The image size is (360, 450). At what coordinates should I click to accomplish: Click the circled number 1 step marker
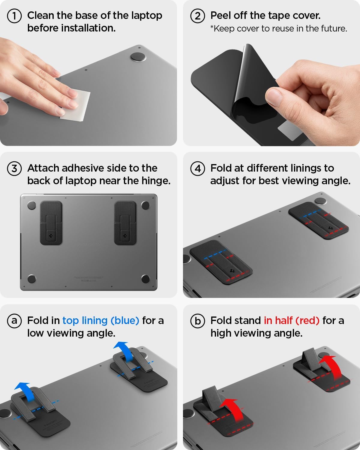(x=14, y=16)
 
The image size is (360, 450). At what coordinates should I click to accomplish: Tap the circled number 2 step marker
(x=198, y=16)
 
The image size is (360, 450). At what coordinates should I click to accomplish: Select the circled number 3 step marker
(x=14, y=169)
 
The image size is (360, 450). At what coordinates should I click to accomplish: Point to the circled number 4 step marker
(x=198, y=169)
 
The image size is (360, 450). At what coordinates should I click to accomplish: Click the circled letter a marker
(x=14, y=321)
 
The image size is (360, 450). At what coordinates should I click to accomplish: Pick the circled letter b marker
(x=198, y=321)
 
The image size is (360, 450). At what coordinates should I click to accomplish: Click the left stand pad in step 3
(x=51, y=223)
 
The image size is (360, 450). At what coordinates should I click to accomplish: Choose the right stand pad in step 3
(x=125, y=223)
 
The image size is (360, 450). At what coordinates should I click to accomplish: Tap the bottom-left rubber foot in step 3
(x=32, y=279)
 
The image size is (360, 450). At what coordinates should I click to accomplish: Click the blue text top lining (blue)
(x=101, y=321)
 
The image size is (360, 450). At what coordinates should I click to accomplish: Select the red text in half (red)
(x=291, y=321)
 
